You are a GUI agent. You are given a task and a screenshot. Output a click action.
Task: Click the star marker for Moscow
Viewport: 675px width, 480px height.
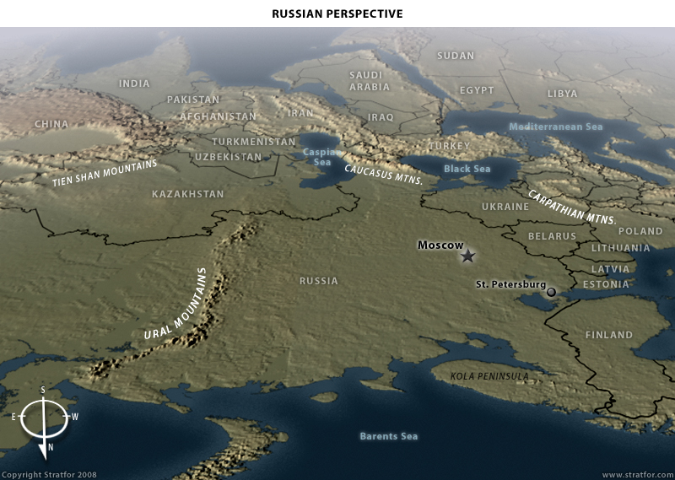pos(468,256)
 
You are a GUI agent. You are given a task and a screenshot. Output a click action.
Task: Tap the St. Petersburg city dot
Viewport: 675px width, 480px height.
pos(551,292)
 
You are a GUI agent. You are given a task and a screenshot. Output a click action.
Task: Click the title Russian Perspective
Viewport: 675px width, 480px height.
pos(337,13)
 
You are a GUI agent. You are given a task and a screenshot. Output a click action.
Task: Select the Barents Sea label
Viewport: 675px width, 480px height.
pos(389,436)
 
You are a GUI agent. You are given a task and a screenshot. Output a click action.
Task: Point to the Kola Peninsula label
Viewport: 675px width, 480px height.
pos(489,376)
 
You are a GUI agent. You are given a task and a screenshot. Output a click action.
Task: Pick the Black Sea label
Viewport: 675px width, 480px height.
pos(467,169)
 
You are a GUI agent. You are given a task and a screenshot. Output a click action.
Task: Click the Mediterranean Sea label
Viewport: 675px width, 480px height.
pos(555,127)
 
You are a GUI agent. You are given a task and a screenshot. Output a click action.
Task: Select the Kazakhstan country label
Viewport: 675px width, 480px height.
pos(188,194)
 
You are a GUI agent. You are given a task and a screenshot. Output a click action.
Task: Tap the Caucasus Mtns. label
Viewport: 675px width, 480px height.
pos(383,172)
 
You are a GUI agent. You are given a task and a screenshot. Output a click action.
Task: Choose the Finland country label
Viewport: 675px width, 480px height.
pos(608,335)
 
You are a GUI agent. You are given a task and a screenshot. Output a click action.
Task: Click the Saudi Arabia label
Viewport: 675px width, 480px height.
pos(370,81)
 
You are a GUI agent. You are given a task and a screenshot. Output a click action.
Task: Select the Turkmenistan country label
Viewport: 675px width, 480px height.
pos(253,142)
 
